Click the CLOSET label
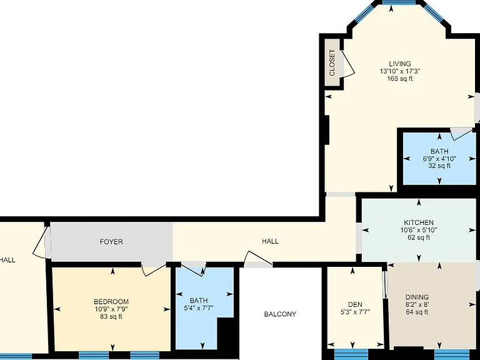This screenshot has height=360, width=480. tap(332, 62)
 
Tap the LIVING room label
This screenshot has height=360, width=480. tap(400, 64)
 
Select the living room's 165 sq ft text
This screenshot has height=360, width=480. tap(400, 79)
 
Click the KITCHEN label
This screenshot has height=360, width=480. tap(419, 222)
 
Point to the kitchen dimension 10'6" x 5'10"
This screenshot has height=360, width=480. tap(419, 230)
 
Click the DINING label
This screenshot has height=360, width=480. tap(417, 297)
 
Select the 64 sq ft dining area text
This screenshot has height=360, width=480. tap(417, 312)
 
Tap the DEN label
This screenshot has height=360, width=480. tap(355, 304)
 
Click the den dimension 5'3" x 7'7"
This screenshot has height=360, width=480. tap(355, 312)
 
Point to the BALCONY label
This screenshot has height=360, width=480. tap(280, 314)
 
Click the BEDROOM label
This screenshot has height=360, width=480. tap(111, 301)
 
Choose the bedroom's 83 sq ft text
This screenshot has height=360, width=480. tap(111, 316)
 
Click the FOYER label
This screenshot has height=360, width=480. tap(111, 241)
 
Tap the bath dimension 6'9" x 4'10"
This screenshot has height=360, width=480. tap(439, 159)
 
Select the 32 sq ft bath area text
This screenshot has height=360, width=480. tap(439, 166)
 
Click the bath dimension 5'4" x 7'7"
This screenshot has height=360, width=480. tap(198, 307)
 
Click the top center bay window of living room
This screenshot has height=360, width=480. tap(399, 2)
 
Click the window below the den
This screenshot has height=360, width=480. tap(351, 354)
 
